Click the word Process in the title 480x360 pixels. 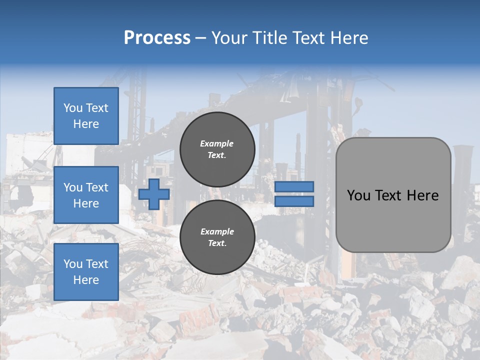tap(157, 38)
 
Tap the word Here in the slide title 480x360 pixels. tap(348, 38)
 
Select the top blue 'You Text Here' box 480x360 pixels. tap(86, 116)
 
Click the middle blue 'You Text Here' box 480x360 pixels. tap(86, 195)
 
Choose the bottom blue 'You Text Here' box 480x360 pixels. tap(86, 272)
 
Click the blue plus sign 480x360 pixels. tap(154, 194)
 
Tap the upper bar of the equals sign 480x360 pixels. tap(294, 187)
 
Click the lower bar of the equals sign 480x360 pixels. tap(294, 201)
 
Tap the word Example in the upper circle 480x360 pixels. tap(217, 143)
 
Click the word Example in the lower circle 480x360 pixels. tap(217, 231)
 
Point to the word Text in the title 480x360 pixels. tap(309, 38)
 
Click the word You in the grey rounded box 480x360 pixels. tap(358, 195)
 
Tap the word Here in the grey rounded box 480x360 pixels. tap(422, 195)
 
